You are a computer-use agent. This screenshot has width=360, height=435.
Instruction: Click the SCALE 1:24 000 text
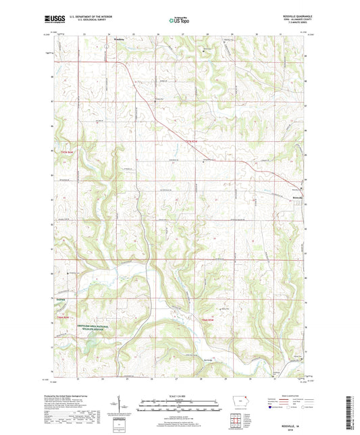[180, 396]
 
